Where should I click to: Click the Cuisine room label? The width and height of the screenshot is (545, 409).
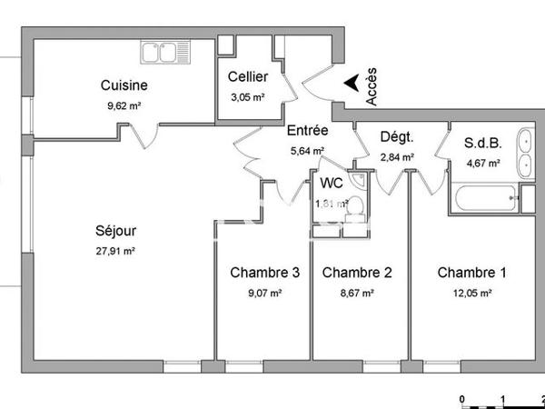pyautogui.click(x=124, y=86)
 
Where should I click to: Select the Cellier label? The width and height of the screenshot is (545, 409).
pyautogui.click(x=247, y=77)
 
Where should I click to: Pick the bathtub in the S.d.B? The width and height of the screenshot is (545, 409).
pyautogui.click(x=482, y=200)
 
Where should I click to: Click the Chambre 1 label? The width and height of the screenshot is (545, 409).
pyautogui.click(x=472, y=273)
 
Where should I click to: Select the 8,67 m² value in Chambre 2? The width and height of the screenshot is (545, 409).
pyautogui.click(x=357, y=293)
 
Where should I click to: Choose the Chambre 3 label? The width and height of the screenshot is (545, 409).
pyautogui.click(x=264, y=273)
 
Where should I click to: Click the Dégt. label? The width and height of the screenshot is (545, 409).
pyautogui.click(x=397, y=138)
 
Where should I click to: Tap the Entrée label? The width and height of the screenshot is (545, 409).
pyautogui.click(x=308, y=131)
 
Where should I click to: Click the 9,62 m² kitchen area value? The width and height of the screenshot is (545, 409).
pyautogui.click(x=124, y=105)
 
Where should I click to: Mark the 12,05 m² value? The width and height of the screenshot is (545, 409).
pyautogui.click(x=472, y=293)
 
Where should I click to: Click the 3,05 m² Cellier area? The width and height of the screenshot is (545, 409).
pyautogui.click(x=246, y=96)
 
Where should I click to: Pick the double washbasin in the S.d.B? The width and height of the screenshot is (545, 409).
pyautogui.click(x=525, y=153)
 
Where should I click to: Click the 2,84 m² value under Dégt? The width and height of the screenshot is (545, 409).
pyautogui.click(x=397, y=157)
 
